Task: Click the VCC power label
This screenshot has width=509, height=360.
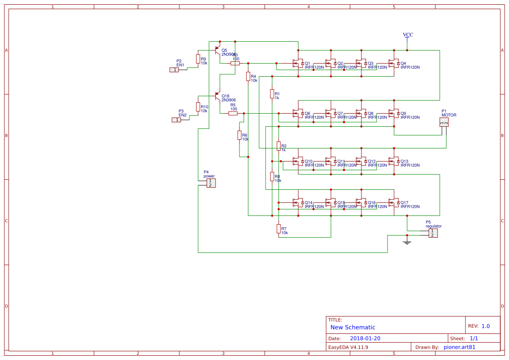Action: coord(408,35)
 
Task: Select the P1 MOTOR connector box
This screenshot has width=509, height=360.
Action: coord(444,122)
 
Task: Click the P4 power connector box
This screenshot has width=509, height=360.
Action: coord(211,183)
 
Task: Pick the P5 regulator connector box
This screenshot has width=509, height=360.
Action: coord(433,233)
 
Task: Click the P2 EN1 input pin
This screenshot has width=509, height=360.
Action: coord(174,70)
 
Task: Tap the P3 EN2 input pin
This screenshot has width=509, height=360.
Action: coord(176,120)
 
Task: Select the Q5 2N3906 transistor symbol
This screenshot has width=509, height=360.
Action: coord(217,50)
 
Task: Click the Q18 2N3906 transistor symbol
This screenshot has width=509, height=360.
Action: coord(217,96)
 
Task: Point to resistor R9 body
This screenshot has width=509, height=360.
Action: coord(198,59)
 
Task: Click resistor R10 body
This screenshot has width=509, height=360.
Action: coord(198,107)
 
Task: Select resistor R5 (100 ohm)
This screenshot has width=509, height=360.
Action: coord(233,113)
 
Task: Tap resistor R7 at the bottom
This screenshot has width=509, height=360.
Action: coord(278,229)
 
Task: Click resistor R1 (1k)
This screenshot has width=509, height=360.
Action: coord(272,94)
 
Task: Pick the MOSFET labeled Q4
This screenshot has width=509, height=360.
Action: coord(394,64)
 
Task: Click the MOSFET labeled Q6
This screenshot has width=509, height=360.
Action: coord(298,114)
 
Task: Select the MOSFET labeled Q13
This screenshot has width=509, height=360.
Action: coord(394,161)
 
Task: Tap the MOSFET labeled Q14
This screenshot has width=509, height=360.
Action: coord(298,203)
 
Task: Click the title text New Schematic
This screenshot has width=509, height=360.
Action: coord(353,327)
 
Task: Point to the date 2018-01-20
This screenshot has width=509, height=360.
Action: coord(365,338)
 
